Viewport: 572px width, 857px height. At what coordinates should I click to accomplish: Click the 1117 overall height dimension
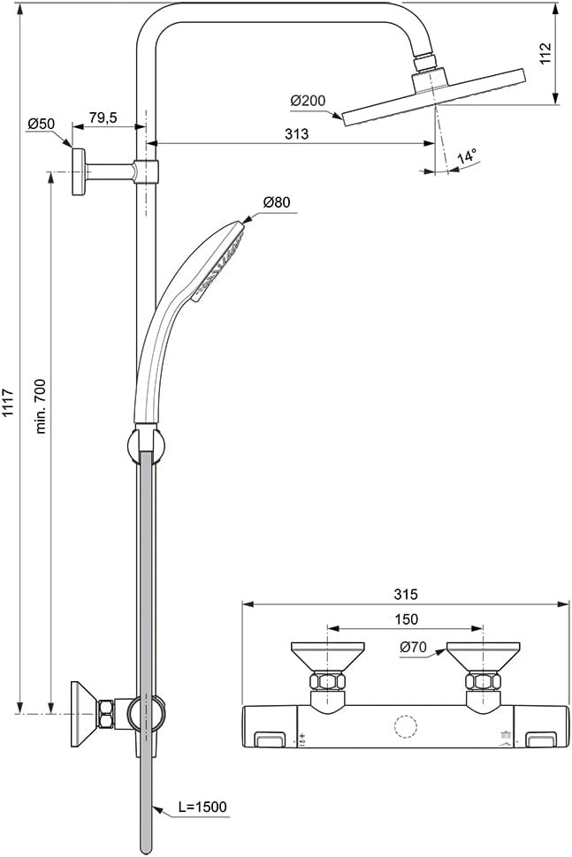tap(8, 403)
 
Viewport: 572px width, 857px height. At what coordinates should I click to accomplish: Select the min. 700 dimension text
tap(41, 406)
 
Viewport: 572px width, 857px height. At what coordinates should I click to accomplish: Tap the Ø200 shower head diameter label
tap(308, 101)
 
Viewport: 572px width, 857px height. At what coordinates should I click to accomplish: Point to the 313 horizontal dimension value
tap(296, 134)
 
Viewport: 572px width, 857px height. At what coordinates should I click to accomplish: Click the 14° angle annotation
tap(467, 157)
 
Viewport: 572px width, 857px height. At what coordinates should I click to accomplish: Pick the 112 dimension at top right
tap(545, 53)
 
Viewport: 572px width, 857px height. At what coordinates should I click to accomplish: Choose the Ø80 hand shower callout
tap(277, 202)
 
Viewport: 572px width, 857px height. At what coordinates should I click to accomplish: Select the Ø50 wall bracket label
tap(41, 124)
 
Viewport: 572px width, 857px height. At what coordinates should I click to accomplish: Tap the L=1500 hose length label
tap(202, 807)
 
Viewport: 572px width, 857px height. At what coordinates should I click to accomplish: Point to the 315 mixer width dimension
tap(406, 594)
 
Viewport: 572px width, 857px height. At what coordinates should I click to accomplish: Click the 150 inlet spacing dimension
tap(406, 619)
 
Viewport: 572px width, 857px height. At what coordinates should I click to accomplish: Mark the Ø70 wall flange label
tap(413, 647)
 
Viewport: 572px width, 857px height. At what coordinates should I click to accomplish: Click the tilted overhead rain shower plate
tap(434, 97)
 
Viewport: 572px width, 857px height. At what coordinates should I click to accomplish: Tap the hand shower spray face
tap(222, 262)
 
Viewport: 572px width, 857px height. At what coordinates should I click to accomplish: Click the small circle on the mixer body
tap(406, 728)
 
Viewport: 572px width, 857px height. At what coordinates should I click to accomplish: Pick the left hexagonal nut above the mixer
tap(328, 681)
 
